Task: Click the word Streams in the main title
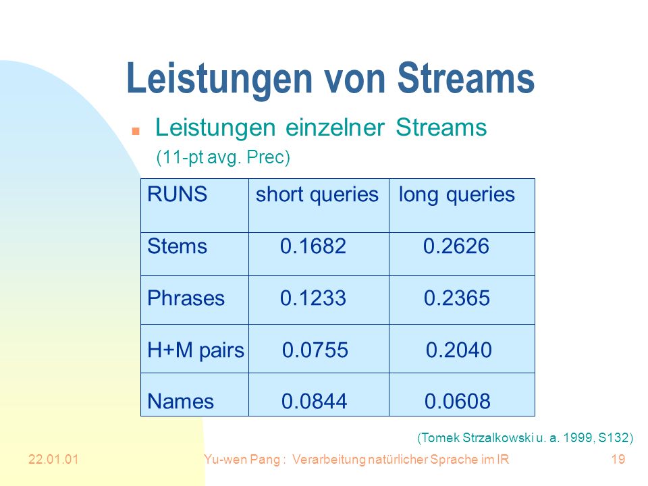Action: point(466,78)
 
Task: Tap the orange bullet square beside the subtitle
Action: point(136,132)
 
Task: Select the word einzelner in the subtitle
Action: point(335,127)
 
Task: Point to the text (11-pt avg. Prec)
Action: point(223,157)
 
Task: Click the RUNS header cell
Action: point(178,194)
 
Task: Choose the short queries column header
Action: point(317,194)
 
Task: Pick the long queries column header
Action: point(457,194)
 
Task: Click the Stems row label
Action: point(178,246)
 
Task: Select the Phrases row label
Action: point(186,298)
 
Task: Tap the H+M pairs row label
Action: point(196,350)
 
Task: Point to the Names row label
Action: point(181,401)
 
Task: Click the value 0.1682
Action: point(313,246)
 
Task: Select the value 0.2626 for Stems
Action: point(456,246)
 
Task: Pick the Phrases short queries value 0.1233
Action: point(313,298)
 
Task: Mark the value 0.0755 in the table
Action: point(315,350)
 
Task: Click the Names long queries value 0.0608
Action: point(458,401)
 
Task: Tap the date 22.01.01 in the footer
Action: point(53,459)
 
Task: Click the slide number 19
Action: point(618,459)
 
